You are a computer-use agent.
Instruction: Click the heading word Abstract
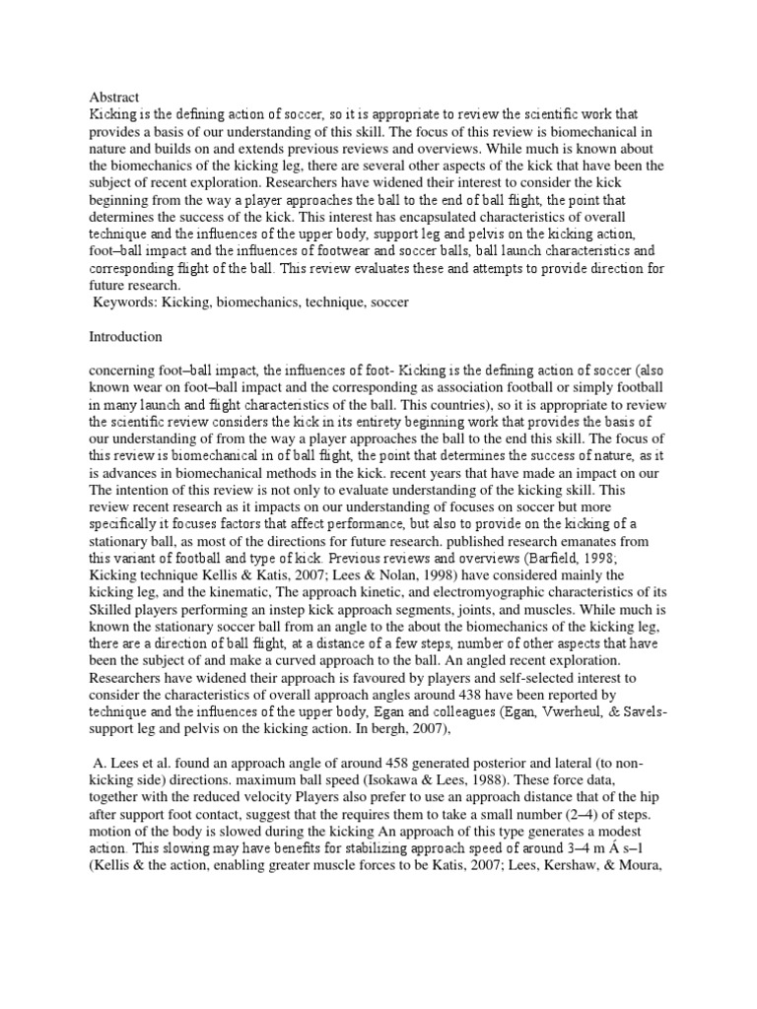tap(114, 97)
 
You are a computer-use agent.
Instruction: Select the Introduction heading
tap(126, 337)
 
